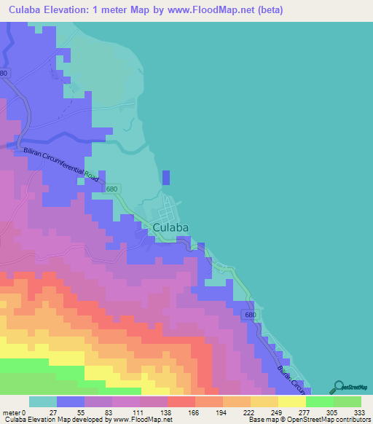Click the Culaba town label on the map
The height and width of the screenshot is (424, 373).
(x=171, y=228)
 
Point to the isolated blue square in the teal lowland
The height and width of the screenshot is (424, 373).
(x=166, y=178)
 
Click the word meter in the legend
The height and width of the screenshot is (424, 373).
(x=13, y=412)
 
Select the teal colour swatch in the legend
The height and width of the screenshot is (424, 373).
(x=43, y=401)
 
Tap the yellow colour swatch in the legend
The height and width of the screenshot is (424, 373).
(x=292, y=401)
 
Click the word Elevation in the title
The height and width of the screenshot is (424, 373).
(x=76, y=10)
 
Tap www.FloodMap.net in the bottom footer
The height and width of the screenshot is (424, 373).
(x=141, y=420)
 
